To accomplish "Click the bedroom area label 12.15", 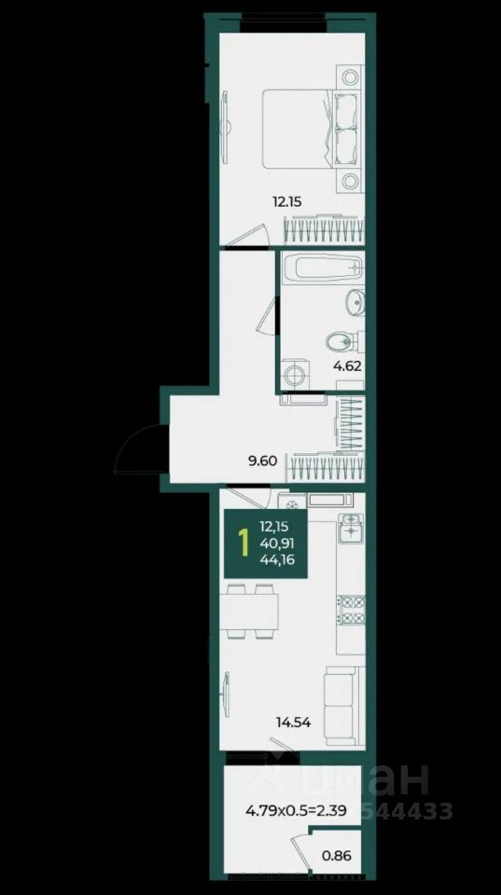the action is point(287,201).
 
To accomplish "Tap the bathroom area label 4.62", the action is point(347,365).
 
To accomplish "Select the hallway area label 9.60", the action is point(262,461).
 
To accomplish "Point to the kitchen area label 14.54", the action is point(293,723).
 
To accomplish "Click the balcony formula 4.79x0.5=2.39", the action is point(296,809).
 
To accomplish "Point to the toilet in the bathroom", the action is point(341,342).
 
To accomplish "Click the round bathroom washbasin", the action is point(355,301).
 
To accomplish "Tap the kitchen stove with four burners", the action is point(351,610).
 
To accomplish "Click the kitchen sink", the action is point(351,527).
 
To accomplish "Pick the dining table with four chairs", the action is point(251,612).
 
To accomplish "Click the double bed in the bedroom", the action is point(312,128).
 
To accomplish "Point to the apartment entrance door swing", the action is point(141,449).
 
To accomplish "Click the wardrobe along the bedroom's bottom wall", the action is point(324,231).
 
